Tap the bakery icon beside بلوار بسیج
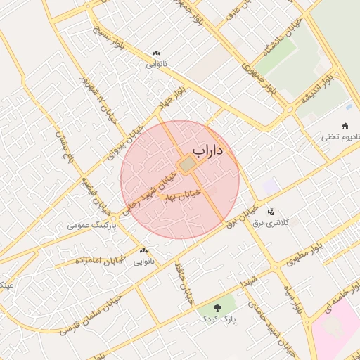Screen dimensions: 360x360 [156, 53]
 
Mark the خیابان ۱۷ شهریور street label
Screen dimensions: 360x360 [99, 99]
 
